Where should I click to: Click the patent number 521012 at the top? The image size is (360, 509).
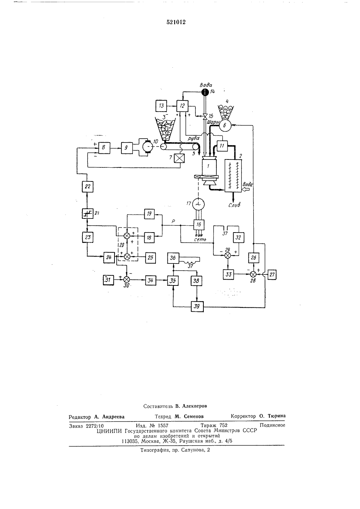coord(176,22)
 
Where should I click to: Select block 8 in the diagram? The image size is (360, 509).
coord(104,148)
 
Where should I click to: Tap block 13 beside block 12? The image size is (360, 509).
coord(161,106)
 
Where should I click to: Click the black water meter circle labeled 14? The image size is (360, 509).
coord(205,92)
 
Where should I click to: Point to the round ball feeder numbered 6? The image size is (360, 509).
coord(225,125)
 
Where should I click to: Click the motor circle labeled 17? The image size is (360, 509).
coord(198,204)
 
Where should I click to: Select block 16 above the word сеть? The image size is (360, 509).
coord(199,225)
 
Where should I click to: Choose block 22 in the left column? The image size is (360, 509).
coord(87,186)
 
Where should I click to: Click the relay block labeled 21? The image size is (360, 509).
coord(87,213)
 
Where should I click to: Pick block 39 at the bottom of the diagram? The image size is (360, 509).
coord(197,307)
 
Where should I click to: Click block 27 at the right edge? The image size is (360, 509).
coord(272,275)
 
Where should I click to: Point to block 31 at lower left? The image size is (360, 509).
coord(108,280)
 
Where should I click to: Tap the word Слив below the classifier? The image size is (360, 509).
coord(234,205)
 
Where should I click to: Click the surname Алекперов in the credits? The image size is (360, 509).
coord(194,406)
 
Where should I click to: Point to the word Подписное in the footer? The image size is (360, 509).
coord(272,425)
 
